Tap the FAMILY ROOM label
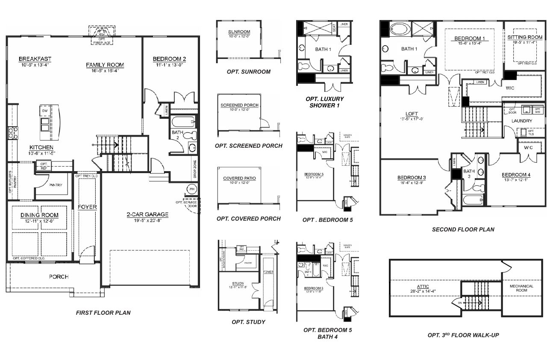(x=105, y=65)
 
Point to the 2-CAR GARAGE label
(x=147, y=214)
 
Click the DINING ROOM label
(x=39, y=215)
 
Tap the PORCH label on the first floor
(x=59, y=277)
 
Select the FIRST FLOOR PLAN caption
(x=103, y=313)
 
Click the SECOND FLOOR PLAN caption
(x=463, y=229)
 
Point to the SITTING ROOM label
(x=525, y=37)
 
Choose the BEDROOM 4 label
(x=516, y=175)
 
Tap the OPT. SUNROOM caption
(x=248, y=72)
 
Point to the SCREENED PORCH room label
(x=239, y=105)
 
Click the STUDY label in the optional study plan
(x=238, y=284)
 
